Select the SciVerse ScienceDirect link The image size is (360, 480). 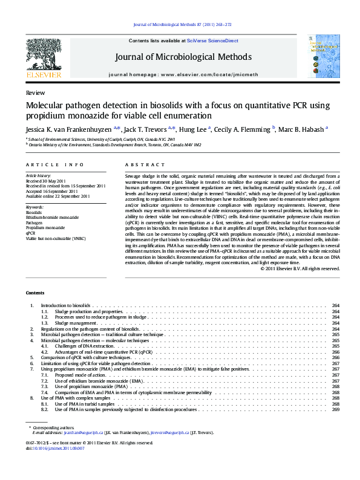tap(212, 41)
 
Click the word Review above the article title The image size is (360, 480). tap(35, 94)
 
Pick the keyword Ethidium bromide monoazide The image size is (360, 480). tap(52, 217)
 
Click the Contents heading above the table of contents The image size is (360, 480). tap(35, 293)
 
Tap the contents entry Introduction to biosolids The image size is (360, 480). tap(65, 306)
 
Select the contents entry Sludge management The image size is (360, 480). tap(76, 323)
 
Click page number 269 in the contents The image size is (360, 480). tap(335, 409)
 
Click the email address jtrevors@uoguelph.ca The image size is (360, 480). tap(171, 432)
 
